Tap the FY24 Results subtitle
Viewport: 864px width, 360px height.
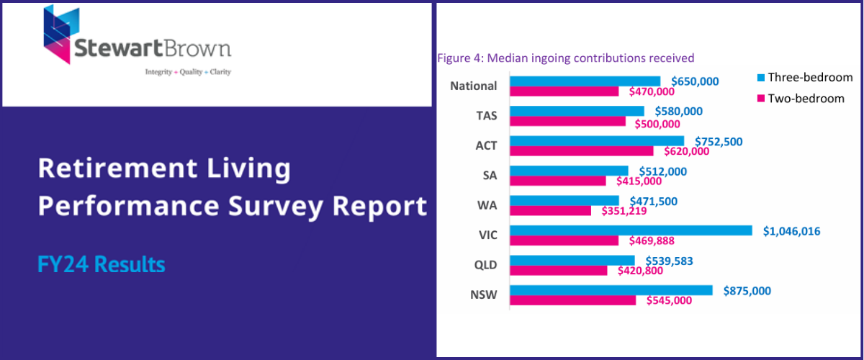101,264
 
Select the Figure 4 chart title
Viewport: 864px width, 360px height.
565,58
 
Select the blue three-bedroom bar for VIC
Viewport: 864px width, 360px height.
631,230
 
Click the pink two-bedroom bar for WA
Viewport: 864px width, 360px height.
550,211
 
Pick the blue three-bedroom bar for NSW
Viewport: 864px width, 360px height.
611,290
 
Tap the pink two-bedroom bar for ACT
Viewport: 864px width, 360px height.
581,151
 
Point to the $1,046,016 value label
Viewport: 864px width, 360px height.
791,231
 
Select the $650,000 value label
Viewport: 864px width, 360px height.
694,81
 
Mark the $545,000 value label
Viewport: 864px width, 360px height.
669,300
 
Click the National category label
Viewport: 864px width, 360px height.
473,86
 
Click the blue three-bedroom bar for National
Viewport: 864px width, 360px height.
585,81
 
